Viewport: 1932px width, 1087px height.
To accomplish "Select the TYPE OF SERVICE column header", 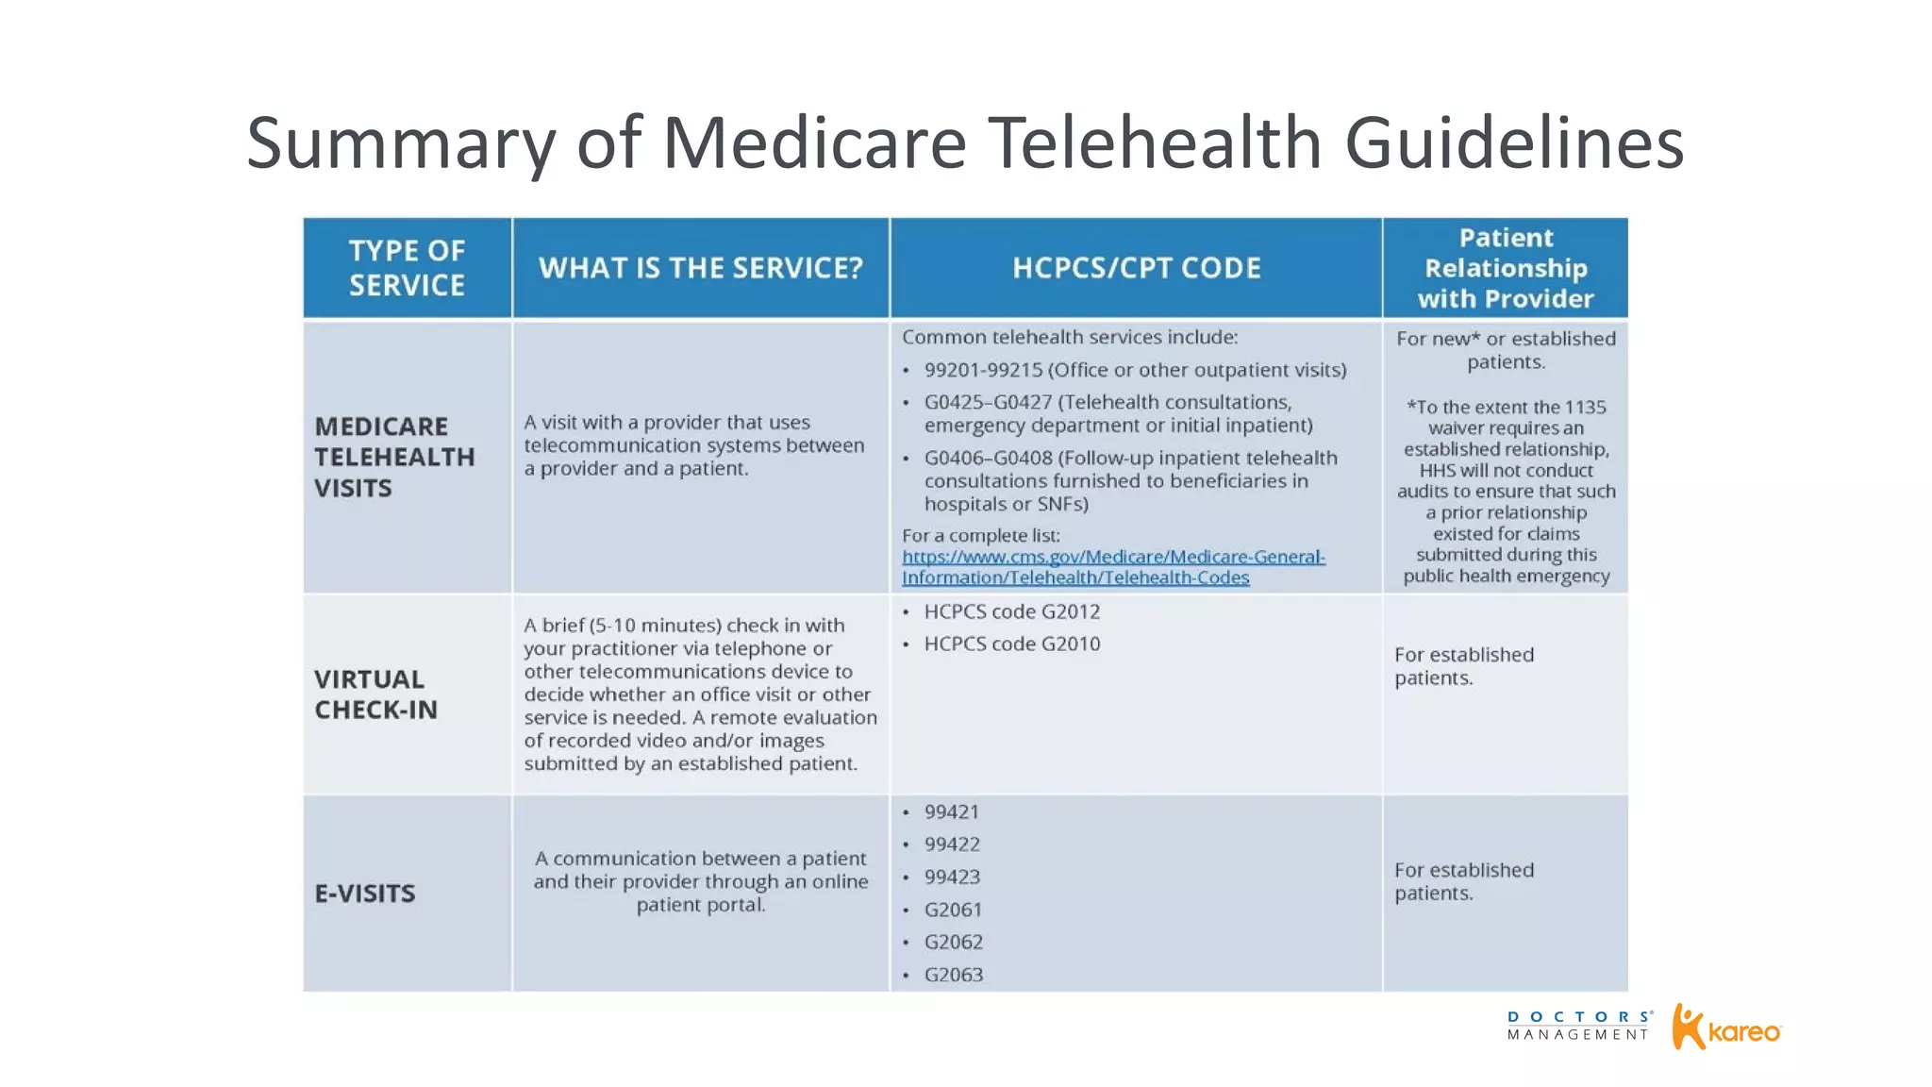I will [407, 268].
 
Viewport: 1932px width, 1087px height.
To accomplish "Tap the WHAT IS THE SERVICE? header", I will [701, 268].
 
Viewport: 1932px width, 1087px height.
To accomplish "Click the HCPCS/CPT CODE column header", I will [1136, 268].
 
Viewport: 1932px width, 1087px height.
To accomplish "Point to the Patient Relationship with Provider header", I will [1506, 268].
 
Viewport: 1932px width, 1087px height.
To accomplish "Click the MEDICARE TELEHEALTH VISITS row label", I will [394, 457].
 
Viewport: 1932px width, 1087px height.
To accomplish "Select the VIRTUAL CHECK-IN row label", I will [375, 694].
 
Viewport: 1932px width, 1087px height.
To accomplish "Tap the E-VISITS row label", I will [365, 894].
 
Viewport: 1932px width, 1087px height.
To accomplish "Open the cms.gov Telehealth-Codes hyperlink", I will [1113, 567].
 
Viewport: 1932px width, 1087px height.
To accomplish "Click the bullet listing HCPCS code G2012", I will [1011, 611].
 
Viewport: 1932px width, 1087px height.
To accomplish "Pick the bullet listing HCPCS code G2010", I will [1011, 644].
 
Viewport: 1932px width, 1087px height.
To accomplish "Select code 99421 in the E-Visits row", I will [952, 812].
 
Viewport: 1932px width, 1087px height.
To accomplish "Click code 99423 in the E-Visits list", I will [952, 878].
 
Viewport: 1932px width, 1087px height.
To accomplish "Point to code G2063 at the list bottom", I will [954, 975].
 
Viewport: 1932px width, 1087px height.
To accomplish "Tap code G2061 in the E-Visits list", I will [953, 910].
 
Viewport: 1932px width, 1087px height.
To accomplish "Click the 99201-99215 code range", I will [983, 370].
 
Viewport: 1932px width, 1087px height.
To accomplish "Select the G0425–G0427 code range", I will [988, 402].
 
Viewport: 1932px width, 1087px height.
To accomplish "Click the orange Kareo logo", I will [1726, 1028].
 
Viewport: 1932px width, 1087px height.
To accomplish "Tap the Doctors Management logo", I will [1579, 1026].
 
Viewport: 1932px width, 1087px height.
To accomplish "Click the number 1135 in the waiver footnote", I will [1585, 408].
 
